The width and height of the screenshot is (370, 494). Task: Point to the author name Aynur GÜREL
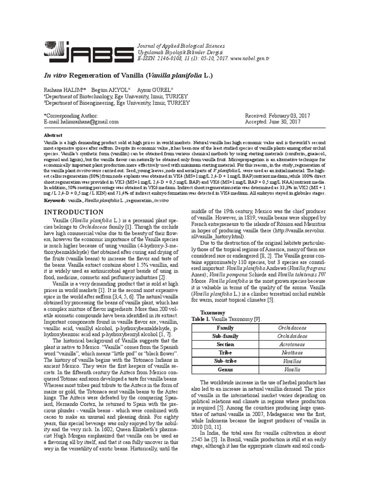(x=151, y=90)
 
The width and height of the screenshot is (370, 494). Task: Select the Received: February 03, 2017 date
(x=277, y=116)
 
